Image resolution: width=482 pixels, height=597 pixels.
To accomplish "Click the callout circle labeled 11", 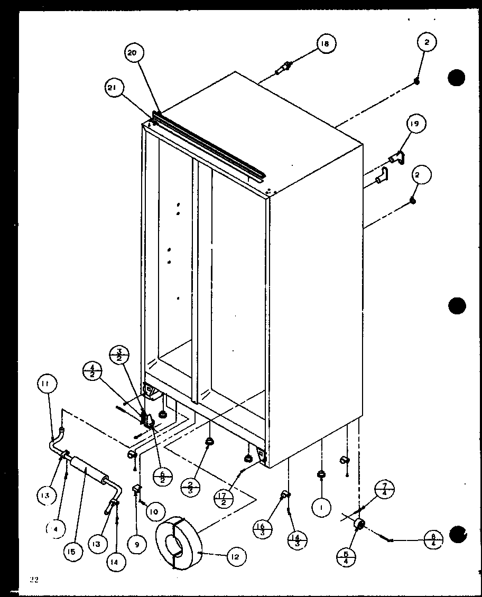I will [x=47, y=384].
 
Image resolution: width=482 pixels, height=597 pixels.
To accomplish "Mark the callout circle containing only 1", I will [x=321, y=508].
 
